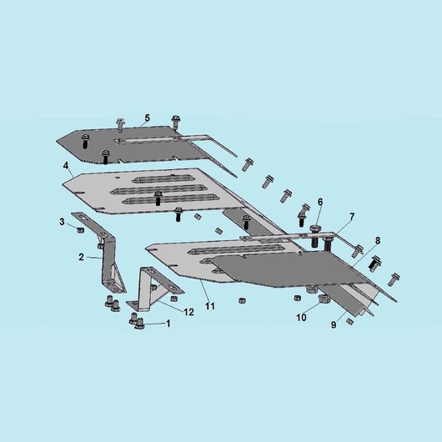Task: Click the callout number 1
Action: click(x=168, y=324)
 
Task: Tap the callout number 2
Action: click(x=81, y=257)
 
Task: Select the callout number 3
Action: click(x=62, y=222)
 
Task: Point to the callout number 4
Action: click(x=66, y=165)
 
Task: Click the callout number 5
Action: click(x=147, y=118)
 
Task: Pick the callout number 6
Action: click(x=320, y=202)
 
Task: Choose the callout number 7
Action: click(x=352, y=217)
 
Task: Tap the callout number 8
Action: click(x=378, y=240)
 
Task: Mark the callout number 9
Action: click(x=334, y=324)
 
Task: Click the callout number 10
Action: click(x=301, y=318)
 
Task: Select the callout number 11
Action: click(x=210, y=306)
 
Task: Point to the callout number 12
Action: click(x=188, y=312)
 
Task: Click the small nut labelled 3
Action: click(x=80, y=230)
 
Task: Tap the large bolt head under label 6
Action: click(x=315, y=228)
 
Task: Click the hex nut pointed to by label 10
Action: click(x=323, y=299)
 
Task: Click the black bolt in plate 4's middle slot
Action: click(x=158, y=198)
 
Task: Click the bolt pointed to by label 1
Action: click(x=140, y=324)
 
